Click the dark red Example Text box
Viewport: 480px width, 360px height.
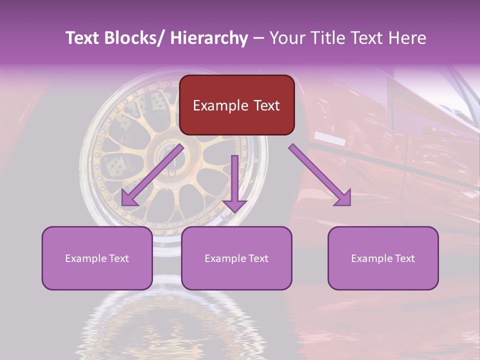(236, 105)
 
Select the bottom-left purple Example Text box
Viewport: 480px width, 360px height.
(97, 258)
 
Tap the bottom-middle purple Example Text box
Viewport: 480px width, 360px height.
(236, 258)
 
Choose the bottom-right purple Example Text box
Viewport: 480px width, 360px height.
(383, 258)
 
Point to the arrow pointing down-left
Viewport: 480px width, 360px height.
(152, 174)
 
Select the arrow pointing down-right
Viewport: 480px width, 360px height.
(320, 174)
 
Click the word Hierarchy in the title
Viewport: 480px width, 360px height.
(209, 38)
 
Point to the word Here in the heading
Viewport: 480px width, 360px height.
(407, 38)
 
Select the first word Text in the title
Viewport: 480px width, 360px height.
(83, 38)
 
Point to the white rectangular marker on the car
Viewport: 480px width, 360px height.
(330, 139)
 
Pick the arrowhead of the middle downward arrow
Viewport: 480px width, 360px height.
(234, 205)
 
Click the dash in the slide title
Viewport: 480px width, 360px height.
(258, 38)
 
